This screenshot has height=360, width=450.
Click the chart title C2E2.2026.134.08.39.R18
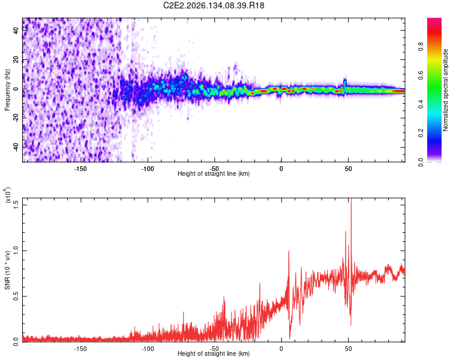[214, 5]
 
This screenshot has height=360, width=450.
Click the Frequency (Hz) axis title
[7, 89]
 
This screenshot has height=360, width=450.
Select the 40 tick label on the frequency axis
[16, 30]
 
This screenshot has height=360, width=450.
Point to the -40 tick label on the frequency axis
[16, 147]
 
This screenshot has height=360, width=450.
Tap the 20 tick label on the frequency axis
[16, 59]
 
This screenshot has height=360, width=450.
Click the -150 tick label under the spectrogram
[80, 169]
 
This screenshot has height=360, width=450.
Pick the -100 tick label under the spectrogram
[148, 169]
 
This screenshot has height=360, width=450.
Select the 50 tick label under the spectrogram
[349, 169]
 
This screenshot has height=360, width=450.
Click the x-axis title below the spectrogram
[214, 173]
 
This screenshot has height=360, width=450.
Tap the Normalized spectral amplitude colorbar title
[445, 90]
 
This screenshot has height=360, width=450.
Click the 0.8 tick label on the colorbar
[421, 46]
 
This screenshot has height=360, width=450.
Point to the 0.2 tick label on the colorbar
[421, 133]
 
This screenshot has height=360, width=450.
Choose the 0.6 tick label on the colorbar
[421, 75]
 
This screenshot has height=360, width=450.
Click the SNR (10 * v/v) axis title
[7, 270]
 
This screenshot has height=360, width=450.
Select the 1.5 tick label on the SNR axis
[16, 205]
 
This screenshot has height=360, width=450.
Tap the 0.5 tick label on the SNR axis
[16, 296]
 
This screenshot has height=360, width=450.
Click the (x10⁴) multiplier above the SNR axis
[8, 195]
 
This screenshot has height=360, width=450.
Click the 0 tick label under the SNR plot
[281, 349]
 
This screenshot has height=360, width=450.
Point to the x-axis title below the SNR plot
[214, 353]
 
